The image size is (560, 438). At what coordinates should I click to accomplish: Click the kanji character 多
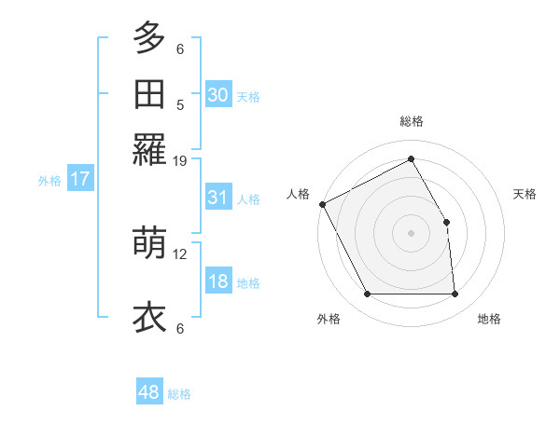coord(149,39)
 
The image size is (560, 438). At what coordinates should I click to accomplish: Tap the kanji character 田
coord(149,94)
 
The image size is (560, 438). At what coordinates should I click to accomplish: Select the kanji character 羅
coord(149,149)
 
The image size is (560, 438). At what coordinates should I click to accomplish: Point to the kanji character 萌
coord(149,243)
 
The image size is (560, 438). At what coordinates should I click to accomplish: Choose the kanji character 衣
coord(149,317)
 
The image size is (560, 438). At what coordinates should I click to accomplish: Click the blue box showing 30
coord(217,95)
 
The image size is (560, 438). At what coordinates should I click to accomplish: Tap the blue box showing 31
coord(217,198)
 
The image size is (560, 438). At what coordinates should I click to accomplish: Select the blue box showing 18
coord(217,282)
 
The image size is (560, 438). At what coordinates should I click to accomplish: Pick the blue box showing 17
coord(80,180)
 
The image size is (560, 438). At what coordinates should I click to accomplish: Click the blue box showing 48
coord(149,392)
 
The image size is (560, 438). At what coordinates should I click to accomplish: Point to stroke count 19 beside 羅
coord(180,161)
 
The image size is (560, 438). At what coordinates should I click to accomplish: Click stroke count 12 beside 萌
coord(180,253)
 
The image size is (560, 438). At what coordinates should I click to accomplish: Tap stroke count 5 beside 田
coord(180,104)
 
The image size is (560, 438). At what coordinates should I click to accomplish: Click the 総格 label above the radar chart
coord(412,121)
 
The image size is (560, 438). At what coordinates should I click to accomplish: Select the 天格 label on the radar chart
coord(525,194)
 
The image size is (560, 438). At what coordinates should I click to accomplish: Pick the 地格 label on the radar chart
coord(489,319)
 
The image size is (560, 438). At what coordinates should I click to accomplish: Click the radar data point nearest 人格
coord(322,204)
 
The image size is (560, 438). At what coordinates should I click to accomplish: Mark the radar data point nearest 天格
coord(446,222)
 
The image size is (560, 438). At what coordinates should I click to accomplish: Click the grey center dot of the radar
coord(412,233)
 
